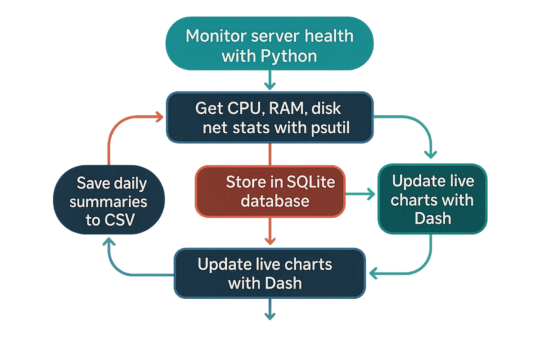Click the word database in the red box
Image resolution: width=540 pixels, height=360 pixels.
(x=275, y=200)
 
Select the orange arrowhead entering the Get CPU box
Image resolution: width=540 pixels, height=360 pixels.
(x=159, y=118)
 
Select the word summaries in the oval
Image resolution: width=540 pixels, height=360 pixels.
(x=108, y=202)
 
